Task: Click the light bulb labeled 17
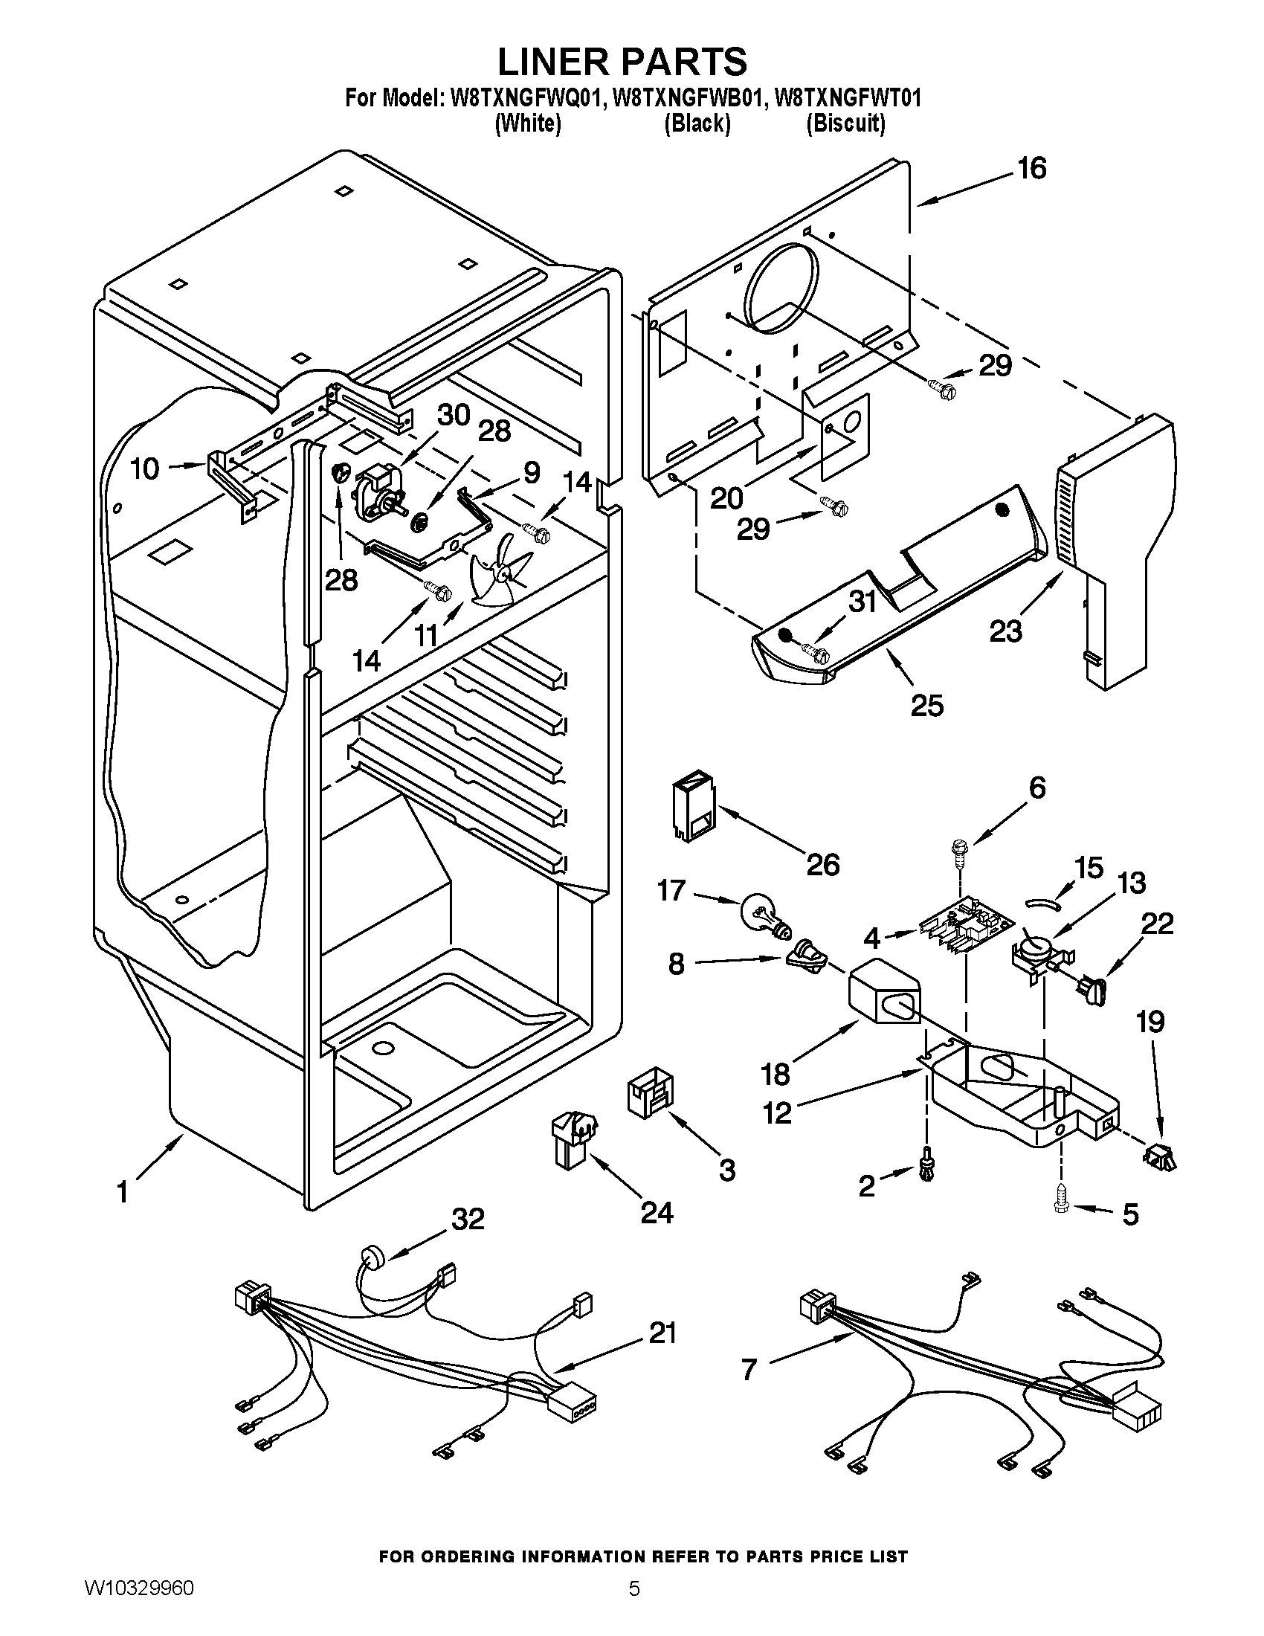(x=762, y=915)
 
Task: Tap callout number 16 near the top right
(x=1032, y=170)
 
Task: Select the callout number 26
(x=822, y=865)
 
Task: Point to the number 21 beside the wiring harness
(x=662, y=1333)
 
